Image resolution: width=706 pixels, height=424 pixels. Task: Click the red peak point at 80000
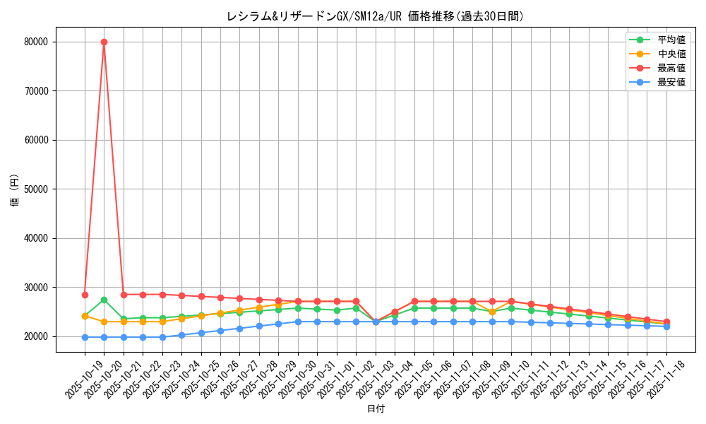104,42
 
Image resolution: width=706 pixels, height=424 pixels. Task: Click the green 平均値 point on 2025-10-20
104,300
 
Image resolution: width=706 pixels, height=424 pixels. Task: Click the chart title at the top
375,16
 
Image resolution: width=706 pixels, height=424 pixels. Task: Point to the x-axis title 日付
375,409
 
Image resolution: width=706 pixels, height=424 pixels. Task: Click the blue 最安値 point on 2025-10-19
85,337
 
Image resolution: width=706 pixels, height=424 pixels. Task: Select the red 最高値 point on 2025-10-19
85,295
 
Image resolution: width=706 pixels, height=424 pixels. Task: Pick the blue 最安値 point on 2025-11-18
666,326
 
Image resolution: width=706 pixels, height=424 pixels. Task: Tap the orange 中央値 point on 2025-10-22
143,322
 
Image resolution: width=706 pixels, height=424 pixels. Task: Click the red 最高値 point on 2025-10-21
124,295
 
